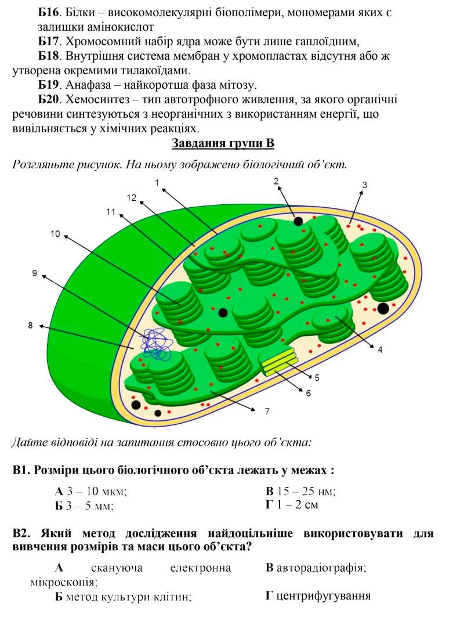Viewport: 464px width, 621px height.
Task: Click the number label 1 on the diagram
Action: point(157,183)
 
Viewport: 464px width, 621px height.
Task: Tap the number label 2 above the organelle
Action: point(276,181)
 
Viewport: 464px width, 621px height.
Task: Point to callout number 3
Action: point(365,185)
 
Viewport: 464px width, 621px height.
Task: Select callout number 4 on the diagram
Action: point(380,350)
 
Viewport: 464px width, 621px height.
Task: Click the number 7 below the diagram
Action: point(267,411)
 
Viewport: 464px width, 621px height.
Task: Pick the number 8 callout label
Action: point(31,326)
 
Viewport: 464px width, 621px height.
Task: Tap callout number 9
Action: point(34,273)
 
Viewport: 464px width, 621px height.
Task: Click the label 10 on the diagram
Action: point(55,234)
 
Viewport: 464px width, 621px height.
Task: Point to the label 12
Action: point(132,198)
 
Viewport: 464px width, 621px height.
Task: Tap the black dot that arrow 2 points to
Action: point(298,221)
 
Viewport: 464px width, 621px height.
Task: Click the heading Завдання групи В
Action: point(223,143)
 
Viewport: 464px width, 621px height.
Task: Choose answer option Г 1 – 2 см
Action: point(292,505)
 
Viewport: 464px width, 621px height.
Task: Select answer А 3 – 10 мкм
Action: point(90,492)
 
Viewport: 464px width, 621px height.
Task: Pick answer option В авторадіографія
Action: point(316,568)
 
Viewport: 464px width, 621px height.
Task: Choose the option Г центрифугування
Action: point(318,595)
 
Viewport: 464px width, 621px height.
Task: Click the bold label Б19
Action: point(50,85)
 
